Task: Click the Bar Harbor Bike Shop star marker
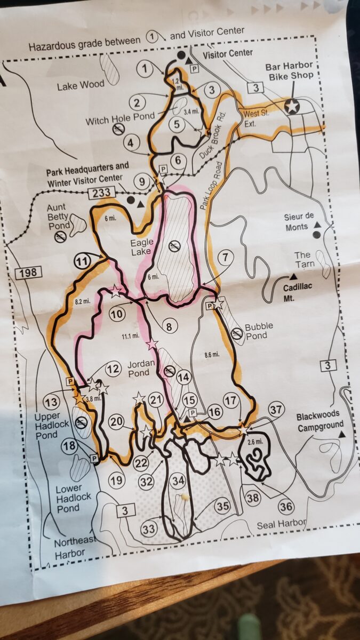pyautogui.click(x=292, y=106)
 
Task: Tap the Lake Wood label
pyautogui.click(x=81, y=84)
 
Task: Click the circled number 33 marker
pyautogui.click(x=149, y=529)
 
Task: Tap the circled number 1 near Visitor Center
pyautogui.click(x=145, y=68)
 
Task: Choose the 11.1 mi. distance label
pyautogui.click(x=130, y=335)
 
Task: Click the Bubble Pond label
pyautogui.click(x=259, y=330)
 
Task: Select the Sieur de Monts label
pyautogui.click(x=297, y=222)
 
